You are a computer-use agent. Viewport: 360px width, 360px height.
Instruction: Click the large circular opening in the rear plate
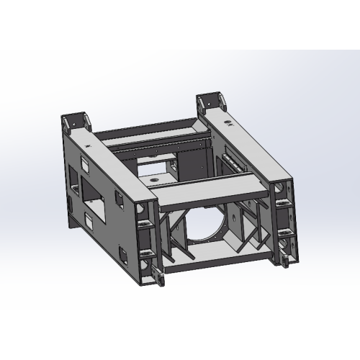click(x=211, y=224)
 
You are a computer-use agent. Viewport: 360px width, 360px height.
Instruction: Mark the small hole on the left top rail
click(x=89, y=146)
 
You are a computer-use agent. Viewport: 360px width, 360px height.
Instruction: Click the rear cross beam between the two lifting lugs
click(x=144, y=130)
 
